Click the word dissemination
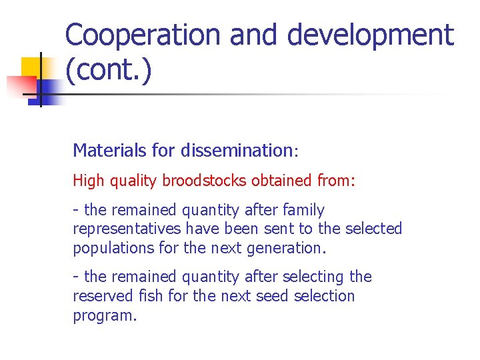[236, 151]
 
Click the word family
[301, 211]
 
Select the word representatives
[127, 229]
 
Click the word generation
[289, 248]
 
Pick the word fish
[149, 295]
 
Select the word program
[103, 315]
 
